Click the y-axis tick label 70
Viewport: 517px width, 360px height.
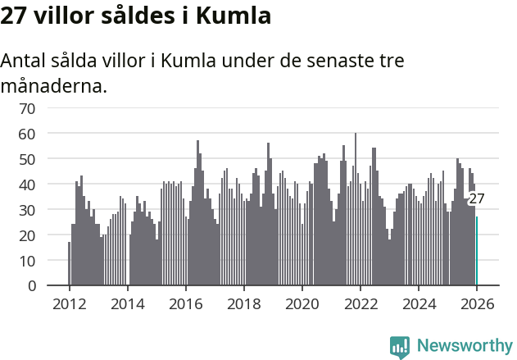28,107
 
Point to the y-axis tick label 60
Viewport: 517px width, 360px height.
28,133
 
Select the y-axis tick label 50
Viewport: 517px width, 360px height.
28,158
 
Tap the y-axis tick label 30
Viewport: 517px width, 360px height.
28,210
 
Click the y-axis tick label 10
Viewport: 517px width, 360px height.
28,261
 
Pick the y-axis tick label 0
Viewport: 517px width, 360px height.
32,286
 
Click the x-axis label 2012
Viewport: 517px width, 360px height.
69,303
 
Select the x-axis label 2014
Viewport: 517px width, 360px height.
127,303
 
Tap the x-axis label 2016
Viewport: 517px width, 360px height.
185,303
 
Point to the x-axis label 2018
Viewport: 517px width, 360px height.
243,303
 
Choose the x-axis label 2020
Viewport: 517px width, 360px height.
302,303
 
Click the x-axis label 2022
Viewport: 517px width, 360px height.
361,303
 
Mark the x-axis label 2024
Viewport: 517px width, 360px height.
419,303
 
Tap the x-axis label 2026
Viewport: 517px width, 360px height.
477,303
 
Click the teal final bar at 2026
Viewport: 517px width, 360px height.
477,251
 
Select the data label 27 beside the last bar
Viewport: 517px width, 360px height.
477,198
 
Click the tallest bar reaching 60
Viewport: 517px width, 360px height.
356,209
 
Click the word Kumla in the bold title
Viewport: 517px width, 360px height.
233,16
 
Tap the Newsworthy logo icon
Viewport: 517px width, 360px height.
400,347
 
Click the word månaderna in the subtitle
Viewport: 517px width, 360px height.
53,85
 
